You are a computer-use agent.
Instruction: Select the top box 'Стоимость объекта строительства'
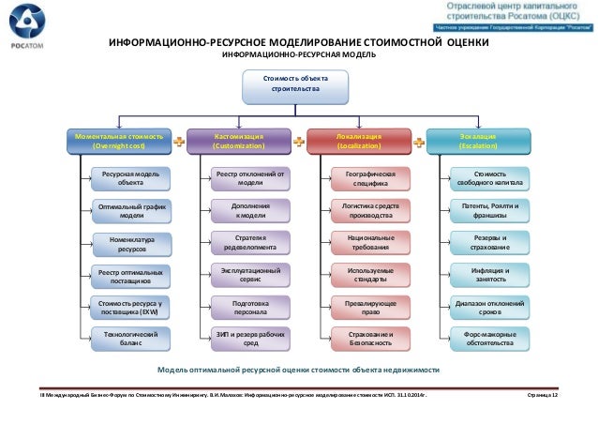point(296,84)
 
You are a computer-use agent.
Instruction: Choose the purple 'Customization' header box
point(239,142)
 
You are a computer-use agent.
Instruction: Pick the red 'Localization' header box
point(358,142)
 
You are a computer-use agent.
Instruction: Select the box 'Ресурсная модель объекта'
point(131,178)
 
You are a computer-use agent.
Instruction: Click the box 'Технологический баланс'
point(131,339)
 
